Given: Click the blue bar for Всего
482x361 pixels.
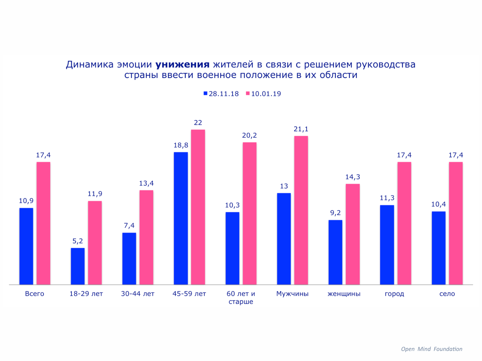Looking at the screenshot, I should (x=26, y=246).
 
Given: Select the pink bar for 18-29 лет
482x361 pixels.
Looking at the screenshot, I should (x=95, y=243).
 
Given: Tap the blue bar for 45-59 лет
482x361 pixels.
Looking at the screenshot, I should (x=181, y=218).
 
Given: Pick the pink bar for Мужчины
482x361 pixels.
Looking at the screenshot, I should (x=301, y=210).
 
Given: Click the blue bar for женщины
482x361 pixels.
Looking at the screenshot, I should (x=335, y=252).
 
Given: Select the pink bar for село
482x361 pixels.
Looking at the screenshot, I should (x=456, y=223).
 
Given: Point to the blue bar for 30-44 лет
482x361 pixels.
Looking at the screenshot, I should (x=129, y=258).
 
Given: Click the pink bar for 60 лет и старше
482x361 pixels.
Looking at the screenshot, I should (x=249, y=213).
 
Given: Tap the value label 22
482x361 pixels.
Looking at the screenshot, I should (x=198, y=123).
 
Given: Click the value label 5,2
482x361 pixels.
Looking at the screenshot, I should (x=78, y=241).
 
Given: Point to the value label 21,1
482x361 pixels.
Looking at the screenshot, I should (x=301, y=129).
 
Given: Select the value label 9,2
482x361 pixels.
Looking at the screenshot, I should (x=335, y=213).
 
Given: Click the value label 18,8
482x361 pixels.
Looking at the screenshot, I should (x=181, y=145).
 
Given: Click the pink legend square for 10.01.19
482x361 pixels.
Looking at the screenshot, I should (x=248, y=93).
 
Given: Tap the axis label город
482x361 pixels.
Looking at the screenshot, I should (x=394, y=294).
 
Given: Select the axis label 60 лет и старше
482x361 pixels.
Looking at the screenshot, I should (x=241, y=297).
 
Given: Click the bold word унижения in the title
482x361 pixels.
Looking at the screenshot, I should (x=182, y=65).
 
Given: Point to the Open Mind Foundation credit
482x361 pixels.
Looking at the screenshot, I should (x=431, y=349).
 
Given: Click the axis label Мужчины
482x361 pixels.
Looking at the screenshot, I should (x=292, y=294).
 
